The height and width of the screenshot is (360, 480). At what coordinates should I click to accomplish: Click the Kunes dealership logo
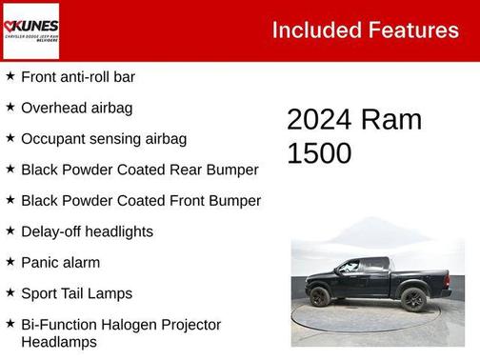pos(31,30)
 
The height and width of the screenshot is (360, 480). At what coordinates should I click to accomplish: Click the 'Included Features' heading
pos(365,30)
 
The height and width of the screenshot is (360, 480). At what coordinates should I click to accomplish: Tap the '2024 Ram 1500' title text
pos(353,135)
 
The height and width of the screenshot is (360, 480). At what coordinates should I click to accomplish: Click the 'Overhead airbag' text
pos(76,108)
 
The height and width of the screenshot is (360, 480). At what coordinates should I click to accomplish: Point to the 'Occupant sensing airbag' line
pos(103,138)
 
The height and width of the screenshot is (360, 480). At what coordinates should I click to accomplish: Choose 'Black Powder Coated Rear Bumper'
pos(139,170)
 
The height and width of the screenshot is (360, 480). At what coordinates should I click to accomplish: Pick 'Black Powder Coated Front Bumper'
pos(140,200)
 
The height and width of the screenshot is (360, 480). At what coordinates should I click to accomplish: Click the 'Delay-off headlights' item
pos(87,231)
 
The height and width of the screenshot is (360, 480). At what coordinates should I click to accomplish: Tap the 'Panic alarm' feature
pos(60,262)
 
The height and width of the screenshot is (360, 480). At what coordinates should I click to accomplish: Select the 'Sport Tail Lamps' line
pos(76,293)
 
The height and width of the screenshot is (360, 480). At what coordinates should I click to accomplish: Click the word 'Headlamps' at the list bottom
pos(59,342)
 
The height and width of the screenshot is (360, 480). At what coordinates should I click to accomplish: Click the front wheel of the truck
pos(320,297)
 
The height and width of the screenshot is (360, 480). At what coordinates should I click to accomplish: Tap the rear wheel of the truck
pos(412,299)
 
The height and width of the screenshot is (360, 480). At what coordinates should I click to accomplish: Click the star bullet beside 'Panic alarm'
pos(10,262)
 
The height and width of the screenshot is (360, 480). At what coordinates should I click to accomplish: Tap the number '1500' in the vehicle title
pos(319,152)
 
